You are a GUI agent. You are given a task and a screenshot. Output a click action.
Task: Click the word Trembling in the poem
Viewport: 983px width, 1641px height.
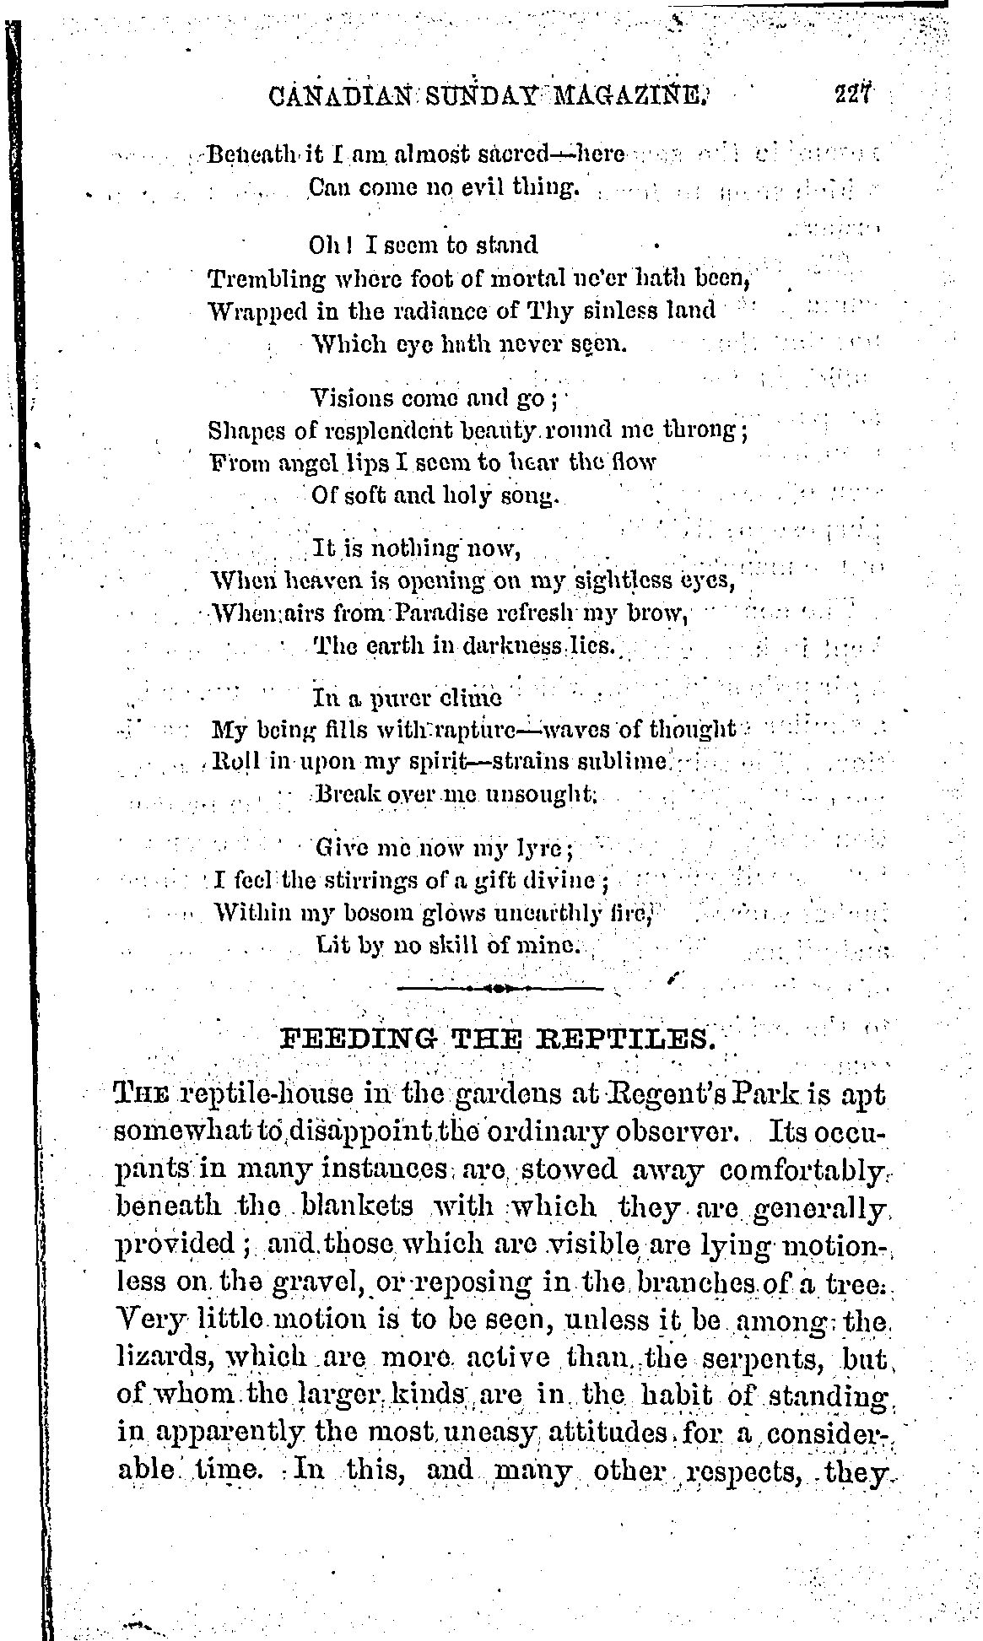click(267, 278)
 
